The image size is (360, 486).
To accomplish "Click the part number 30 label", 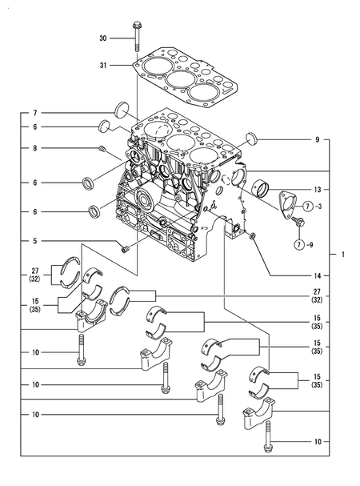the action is tap(103, 38).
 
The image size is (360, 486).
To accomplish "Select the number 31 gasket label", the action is tap(103, 66).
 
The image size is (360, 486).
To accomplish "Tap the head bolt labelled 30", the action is tap(136, 37).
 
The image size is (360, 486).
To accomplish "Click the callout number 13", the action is tap(318, 190).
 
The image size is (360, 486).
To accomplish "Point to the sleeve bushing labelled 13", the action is tap(260, 188).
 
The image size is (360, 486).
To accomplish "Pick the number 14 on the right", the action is tap(318, 275).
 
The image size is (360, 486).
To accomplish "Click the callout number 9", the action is tap(317, 140).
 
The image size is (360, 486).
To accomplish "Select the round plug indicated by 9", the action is tap(252, 139).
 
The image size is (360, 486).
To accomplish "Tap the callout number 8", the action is tap(35, 148).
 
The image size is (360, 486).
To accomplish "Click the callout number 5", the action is tap(35, 241).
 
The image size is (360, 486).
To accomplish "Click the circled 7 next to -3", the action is tap(307, 206).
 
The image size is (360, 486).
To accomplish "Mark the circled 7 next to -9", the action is tap(299, 244).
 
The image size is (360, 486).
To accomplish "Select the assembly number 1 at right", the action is tap(343, 255).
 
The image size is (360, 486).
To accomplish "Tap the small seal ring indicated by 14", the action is tap(253, 236).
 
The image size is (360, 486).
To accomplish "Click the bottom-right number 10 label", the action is tap(318, 441).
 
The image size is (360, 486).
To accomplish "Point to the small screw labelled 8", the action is tap(103, 149).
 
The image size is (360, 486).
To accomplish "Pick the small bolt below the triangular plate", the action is tap(298, 220).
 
